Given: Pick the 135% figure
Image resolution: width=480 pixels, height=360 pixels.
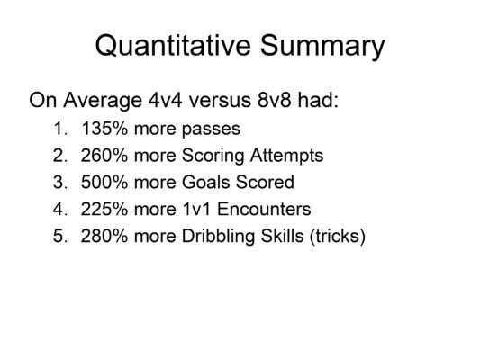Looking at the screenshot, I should tap(100, 128).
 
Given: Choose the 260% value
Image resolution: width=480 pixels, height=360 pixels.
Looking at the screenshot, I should tap(100, 155).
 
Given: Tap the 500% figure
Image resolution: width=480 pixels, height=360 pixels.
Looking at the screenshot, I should tap(100, 183).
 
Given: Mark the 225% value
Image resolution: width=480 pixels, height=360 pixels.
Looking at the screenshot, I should tap(100, 210).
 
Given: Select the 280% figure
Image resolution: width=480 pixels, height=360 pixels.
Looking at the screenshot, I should tap(100, 238).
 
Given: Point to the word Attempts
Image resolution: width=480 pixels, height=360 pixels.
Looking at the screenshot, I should tap(285, 156).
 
